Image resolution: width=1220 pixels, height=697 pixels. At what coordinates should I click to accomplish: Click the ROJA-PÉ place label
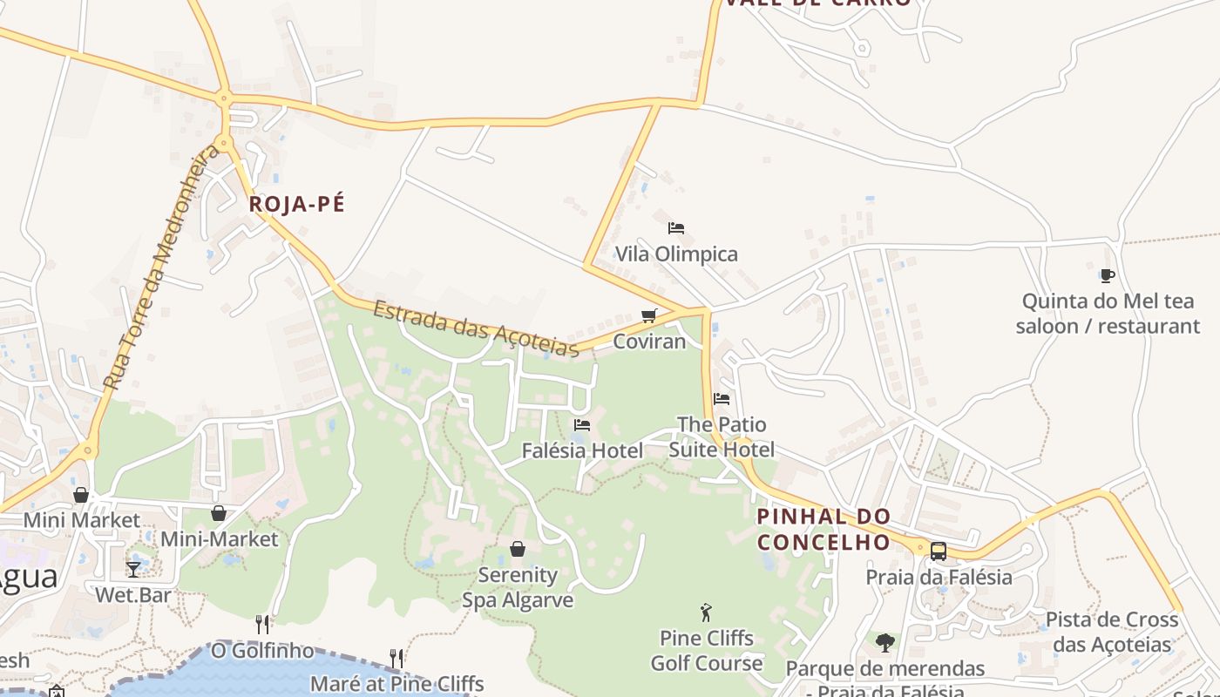click(x=296, y=205)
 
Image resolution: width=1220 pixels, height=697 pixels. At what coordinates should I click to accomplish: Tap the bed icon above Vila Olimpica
click(x=675, y=228)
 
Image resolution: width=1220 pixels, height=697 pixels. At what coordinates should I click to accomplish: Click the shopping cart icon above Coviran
click(x=648, y=315)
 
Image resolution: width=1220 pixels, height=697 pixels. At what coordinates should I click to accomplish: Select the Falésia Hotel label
click(x=582, y=450)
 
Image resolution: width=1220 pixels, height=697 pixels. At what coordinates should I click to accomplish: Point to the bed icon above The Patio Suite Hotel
click(x=722, y=399)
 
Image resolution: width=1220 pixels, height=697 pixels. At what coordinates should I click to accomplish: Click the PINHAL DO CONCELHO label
click(x=823, y=529)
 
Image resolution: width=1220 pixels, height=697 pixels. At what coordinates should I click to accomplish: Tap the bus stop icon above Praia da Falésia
click(x=939, y=551)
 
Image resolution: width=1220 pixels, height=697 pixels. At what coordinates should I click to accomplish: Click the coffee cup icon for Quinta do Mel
click(x=1107, y=276)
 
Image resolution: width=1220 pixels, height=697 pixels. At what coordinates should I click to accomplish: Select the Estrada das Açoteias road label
click(x=477, y=328)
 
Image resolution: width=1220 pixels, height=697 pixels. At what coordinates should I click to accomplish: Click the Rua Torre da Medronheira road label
click(x=161, y=268)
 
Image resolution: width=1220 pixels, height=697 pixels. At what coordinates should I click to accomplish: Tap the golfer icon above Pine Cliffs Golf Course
click(x=706, y=612)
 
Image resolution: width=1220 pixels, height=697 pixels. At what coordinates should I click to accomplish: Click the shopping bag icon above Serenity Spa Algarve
click(x=518, y=549)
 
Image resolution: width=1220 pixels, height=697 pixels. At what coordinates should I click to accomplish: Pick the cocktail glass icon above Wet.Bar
click(x=132, y=570)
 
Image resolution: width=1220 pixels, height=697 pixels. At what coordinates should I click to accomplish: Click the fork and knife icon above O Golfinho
click(x=262, y=624)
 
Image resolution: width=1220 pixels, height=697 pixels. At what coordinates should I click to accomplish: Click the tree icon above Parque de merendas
click(x=885, y=643)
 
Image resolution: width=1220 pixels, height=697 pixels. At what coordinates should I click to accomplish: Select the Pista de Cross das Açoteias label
click(x=1111, y=632)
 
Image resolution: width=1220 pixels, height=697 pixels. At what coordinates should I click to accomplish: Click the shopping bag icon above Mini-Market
click(x=219, y=514)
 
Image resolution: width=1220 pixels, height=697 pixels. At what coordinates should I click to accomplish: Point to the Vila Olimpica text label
click(x=676, y=254)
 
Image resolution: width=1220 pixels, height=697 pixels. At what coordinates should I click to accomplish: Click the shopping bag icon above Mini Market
click(x=81, y=495)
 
